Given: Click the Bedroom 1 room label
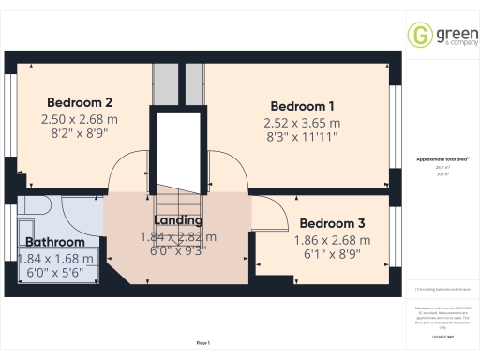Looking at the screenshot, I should [x=302, y=105].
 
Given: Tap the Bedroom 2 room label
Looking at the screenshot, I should [x=80, y=102].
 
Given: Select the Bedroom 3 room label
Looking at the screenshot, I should [x=333, y=223].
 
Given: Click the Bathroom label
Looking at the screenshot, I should [x=55, y=242].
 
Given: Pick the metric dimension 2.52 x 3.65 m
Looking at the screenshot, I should [x=302, y=123].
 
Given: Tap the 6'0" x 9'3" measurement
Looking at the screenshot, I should [x=177, y=251].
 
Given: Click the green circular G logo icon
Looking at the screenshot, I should [x=419, y=35].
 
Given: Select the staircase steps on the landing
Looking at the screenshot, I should [x=177, y=202].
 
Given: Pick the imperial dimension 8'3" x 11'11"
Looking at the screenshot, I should [x=302, y=137].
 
